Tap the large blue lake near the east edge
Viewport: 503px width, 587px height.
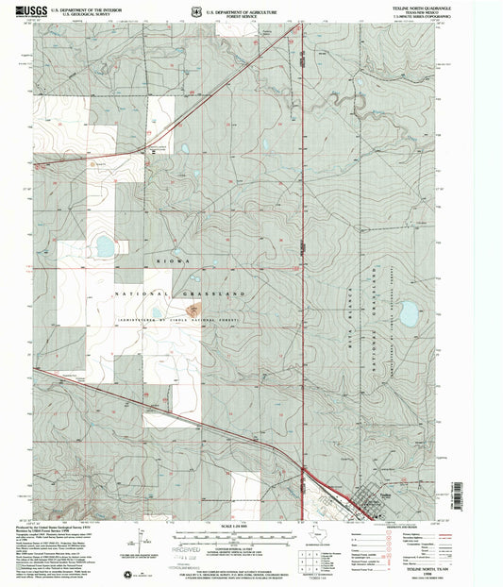click(409, 313)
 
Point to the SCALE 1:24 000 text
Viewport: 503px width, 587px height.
click(249, 526)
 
